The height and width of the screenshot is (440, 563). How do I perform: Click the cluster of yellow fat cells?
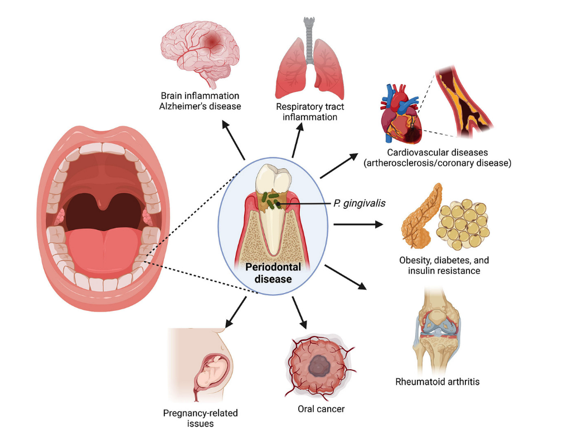point(461,223)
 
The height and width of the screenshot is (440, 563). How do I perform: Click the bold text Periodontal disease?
point(273,272)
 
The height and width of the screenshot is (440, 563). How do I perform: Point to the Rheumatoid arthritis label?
point(438,382)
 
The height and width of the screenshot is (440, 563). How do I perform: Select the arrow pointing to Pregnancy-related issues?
point(235,313)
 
